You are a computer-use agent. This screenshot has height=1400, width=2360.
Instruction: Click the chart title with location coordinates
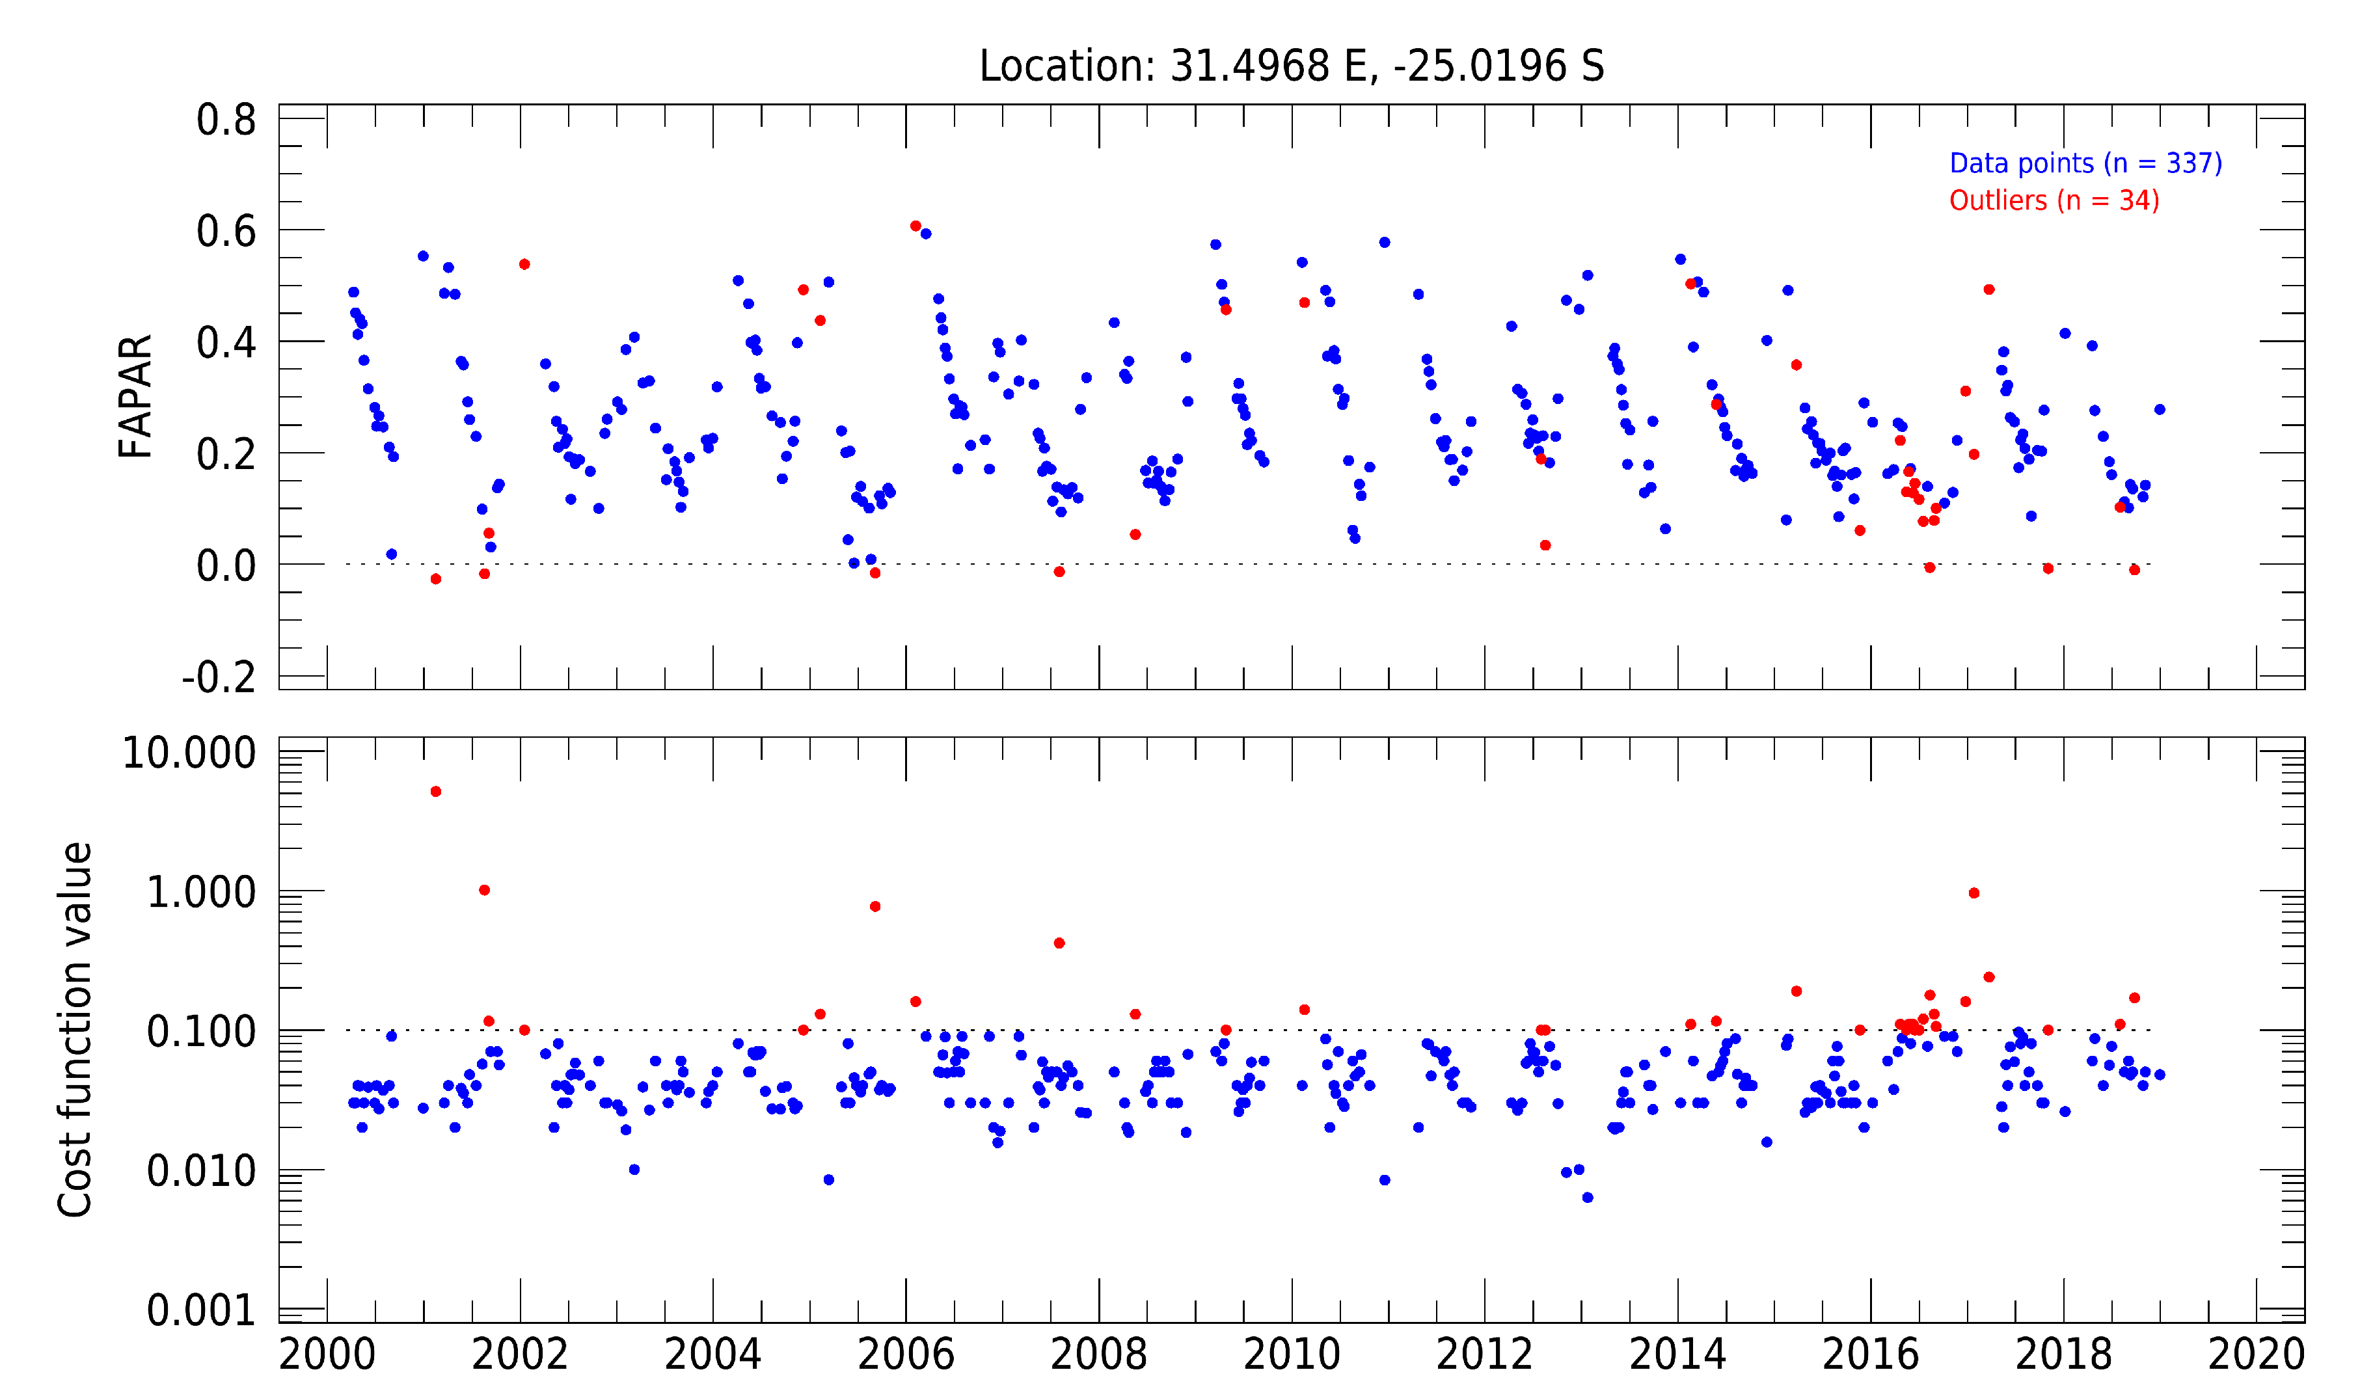1291,66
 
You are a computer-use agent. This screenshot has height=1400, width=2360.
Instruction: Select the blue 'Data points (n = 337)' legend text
2085,163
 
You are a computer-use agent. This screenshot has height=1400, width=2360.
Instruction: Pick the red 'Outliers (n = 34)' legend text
2054,201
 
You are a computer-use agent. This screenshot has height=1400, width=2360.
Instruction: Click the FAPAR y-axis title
135,396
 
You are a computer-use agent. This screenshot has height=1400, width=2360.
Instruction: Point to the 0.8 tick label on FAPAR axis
226,120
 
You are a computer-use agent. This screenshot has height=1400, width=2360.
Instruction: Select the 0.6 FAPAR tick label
226,231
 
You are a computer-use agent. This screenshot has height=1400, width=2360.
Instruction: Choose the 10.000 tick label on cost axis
189,753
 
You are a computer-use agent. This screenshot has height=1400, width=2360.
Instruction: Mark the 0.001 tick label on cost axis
201,1310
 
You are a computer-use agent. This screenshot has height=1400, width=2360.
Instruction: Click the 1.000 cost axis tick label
201,891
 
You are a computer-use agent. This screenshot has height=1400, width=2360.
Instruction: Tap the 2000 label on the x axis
327,1354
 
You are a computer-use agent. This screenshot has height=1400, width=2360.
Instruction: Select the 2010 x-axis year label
1291,1354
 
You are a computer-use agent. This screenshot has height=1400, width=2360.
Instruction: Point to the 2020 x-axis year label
2256,1354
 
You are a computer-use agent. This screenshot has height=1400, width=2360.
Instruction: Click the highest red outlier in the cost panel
436,792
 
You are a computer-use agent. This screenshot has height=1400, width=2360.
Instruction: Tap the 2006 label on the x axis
905,1354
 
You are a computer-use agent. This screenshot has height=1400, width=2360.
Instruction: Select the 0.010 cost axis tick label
201,1171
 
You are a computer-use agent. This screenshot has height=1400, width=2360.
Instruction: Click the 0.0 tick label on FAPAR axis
226,566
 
